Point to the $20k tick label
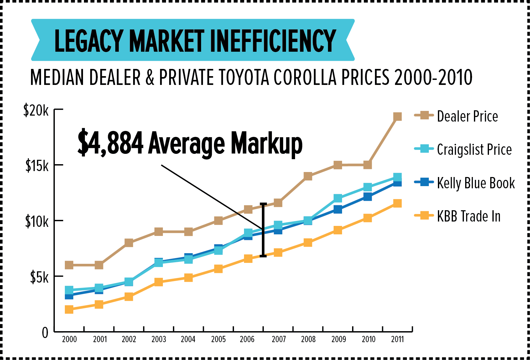pos(36,111)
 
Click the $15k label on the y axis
pos(37,166)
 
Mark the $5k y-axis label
pos(39,277)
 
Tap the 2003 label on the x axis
pos(158,339)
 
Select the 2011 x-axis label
pos(397,339)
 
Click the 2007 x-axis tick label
pos(278,339)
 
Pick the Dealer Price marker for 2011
pos(397,117)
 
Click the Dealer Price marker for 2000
pos(69,265)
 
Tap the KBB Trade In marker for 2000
pos(69,310)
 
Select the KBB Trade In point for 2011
pos(397,203)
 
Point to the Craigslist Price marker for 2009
pos(338,198)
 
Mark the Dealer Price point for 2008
pos(308,176)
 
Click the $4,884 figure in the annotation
pos(111,143)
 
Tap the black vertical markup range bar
pos(263,230)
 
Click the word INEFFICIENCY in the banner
pos(273,40)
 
